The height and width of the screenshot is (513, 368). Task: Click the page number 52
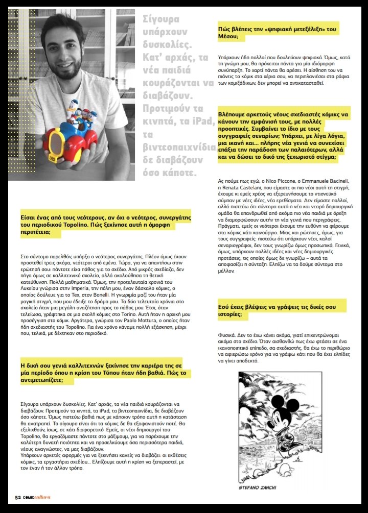17,498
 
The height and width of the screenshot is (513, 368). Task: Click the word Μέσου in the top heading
229,38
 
